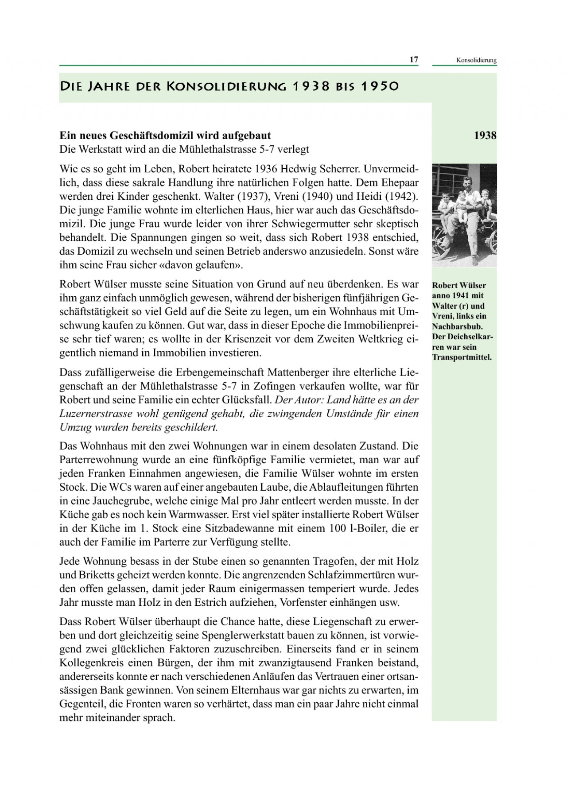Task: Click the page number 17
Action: [x=414, y=60]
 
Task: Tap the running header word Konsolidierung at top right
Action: [x=476, y=60]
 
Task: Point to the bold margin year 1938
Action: [x=485, y=136]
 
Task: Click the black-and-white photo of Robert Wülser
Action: [x=464, y=215]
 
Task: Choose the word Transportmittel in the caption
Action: [x=462, y=357]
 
